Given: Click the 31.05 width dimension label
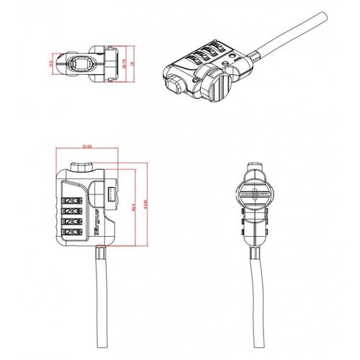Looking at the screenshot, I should click(86, 146).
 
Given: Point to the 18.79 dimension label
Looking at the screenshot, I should click(124, 63).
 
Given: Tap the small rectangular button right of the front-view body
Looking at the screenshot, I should click(112, 195).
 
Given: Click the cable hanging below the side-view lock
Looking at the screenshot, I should click(258, 302).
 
